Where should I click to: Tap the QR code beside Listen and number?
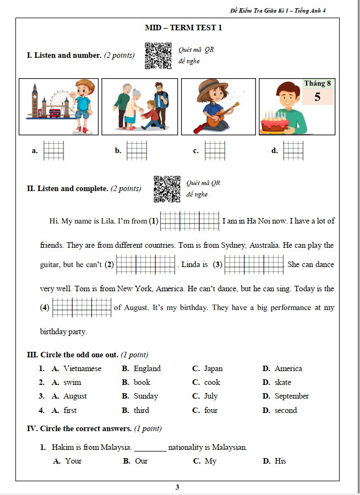coord(158,56)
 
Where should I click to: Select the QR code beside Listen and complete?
coord(167,189)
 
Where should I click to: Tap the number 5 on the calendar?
coord(317,97)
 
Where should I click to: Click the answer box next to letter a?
coord(54,150)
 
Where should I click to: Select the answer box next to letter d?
coord(293,150)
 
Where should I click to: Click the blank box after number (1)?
coord(190,221)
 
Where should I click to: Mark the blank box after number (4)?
coord(82,307)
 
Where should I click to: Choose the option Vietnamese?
coord(82,368)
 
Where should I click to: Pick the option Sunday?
coord(145,396)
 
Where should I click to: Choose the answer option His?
coord(280,461)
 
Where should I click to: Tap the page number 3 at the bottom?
coord(177,487)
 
